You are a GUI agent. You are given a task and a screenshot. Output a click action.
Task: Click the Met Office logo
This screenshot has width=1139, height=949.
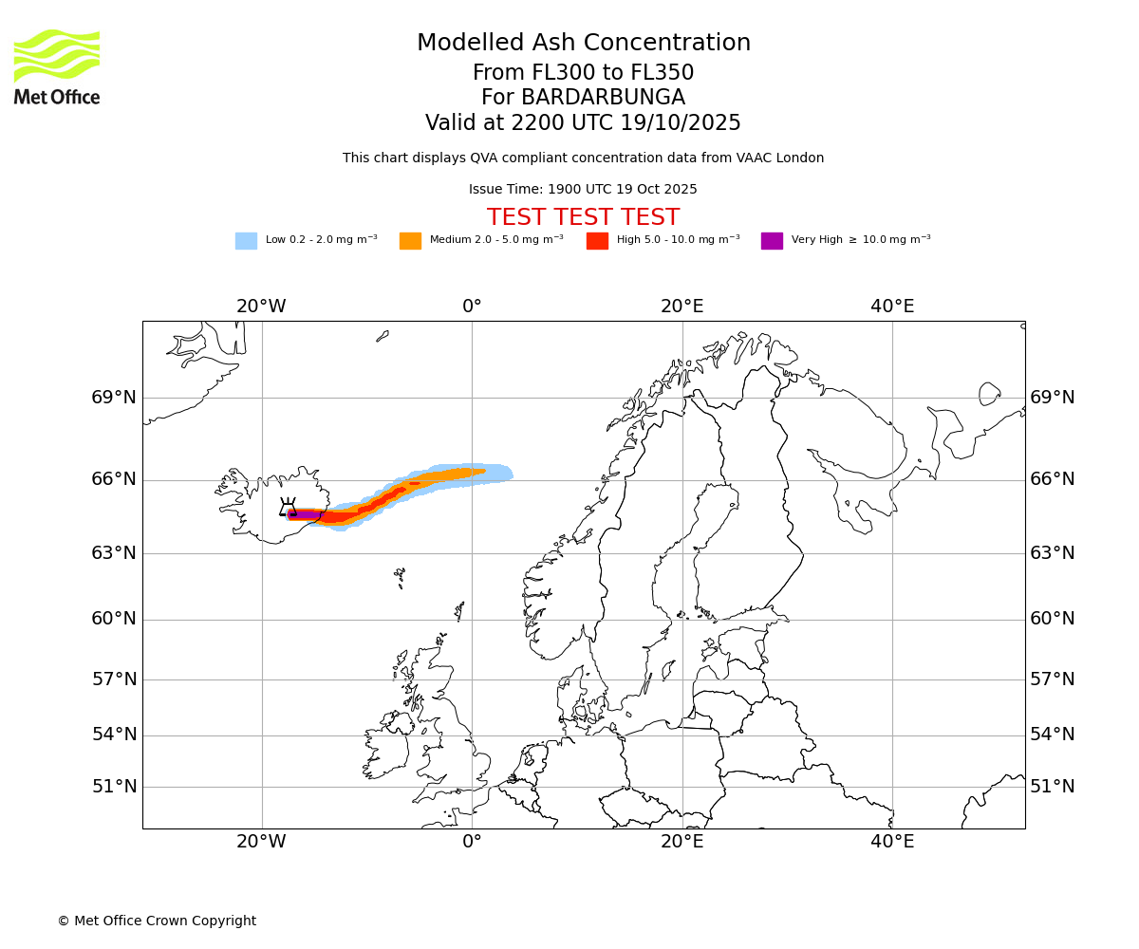[57, 67]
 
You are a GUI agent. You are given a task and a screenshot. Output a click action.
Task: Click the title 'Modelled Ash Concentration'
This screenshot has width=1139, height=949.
[584, 44]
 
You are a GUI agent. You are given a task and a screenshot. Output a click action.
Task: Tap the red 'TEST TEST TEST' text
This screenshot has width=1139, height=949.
[583, 218]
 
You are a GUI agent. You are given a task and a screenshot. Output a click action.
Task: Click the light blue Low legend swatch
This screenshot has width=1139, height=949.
[246, 241]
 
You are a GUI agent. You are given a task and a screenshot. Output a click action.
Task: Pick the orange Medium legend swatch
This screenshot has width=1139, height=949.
[410, 241]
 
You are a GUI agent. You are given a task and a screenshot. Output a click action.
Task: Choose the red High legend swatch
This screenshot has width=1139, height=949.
[597, 241]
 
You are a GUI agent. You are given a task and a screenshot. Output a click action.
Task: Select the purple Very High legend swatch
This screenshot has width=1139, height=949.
[772, 241]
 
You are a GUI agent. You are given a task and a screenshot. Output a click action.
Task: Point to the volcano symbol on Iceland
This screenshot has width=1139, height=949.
[288, 508]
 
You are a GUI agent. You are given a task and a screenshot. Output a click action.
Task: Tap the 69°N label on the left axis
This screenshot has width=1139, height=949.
[114, 398]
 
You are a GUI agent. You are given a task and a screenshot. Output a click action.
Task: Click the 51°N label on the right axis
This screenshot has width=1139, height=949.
[1053, 787]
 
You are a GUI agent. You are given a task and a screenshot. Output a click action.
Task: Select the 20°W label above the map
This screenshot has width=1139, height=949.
[261, 307]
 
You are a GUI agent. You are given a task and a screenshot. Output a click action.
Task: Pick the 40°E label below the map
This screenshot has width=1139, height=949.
[892, 842]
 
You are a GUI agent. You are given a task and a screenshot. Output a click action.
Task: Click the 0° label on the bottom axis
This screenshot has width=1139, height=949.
[472, 842]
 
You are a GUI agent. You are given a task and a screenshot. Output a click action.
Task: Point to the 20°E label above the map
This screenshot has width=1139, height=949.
[682, 307]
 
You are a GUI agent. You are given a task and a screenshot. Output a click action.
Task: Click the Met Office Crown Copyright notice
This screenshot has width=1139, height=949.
[157, 921]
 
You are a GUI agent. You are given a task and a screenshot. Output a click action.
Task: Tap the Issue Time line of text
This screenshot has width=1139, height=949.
[583, 190]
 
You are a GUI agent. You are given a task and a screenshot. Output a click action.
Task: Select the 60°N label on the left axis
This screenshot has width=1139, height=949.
[114, 619]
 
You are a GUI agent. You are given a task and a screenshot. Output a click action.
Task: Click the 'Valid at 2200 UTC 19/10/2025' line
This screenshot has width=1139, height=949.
[583, 123]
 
